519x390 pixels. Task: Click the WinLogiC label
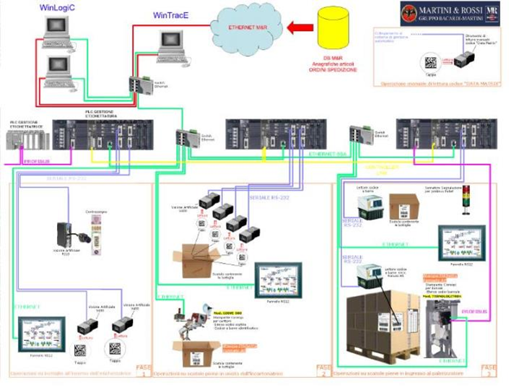pyautogui.click(x=61, y=8)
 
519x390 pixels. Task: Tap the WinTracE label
pyautogui.click(x=173, y=15)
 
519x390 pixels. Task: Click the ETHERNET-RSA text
pyautogui.click(x=327, y=155)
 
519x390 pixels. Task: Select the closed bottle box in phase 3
pyautogui.click(x=404, y=207)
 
